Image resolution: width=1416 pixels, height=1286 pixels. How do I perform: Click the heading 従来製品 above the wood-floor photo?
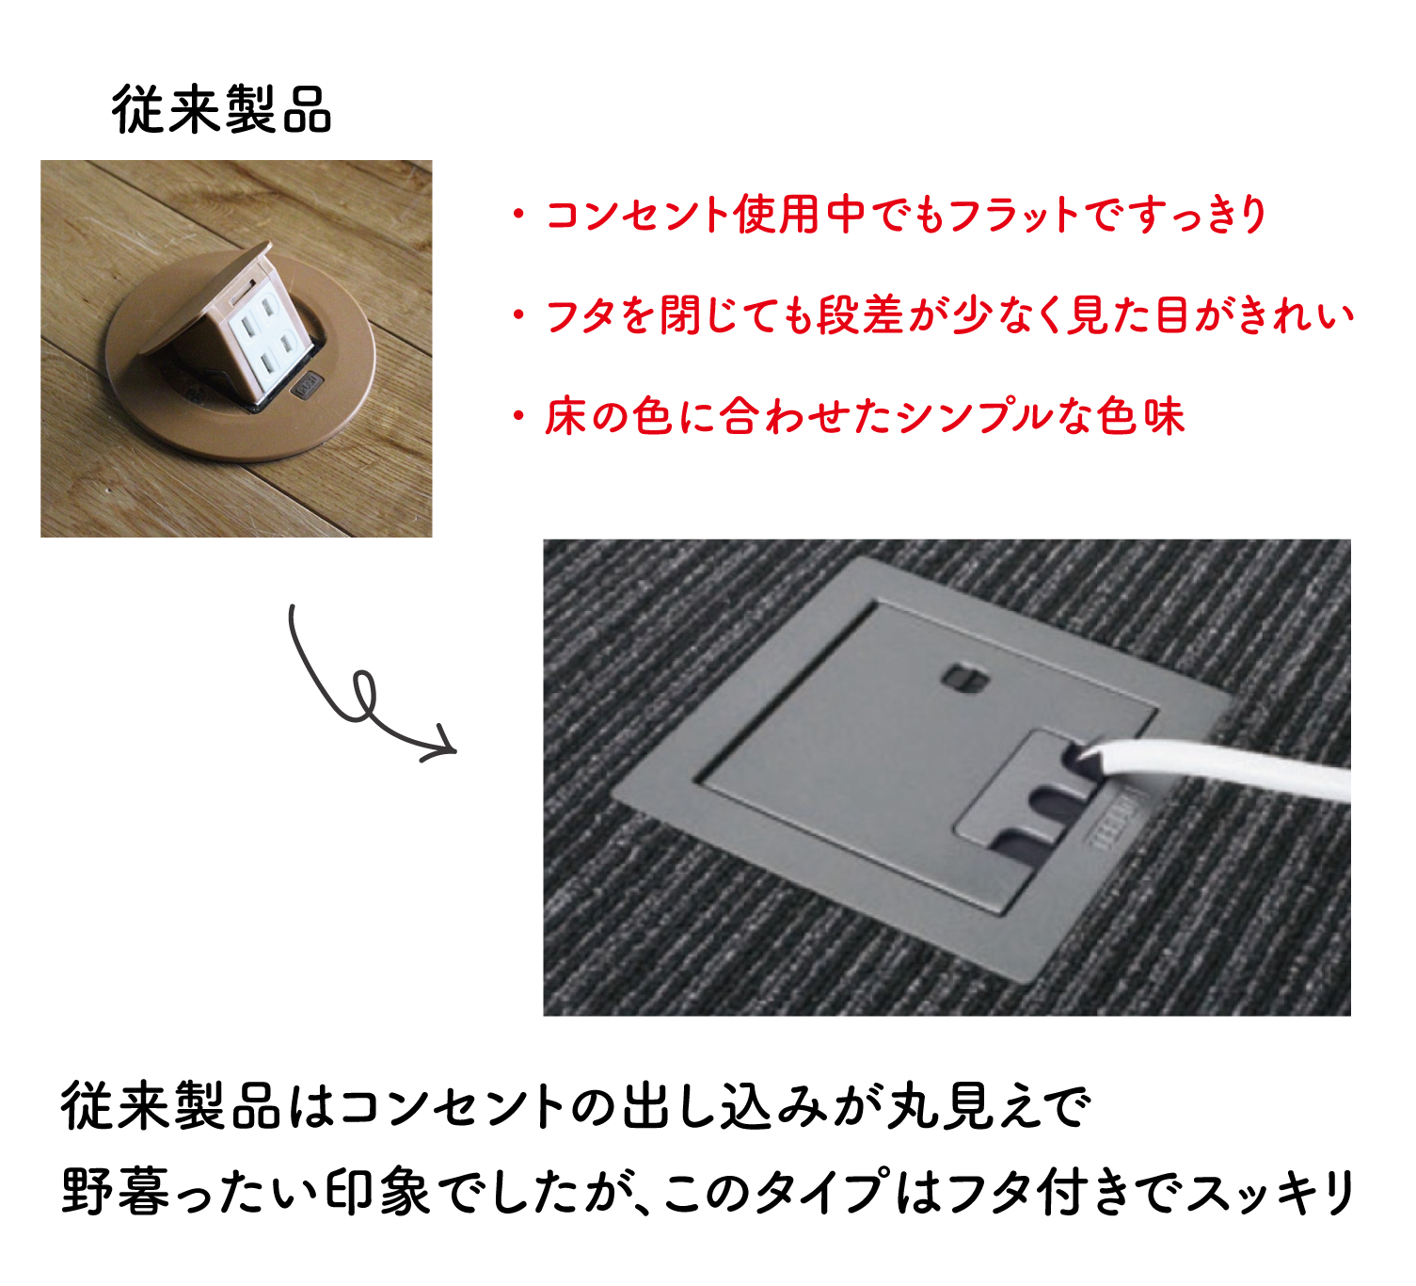[222, 109]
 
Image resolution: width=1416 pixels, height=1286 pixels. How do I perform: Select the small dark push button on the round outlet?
[307, 385]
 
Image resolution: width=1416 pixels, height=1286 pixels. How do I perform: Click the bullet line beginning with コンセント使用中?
[888, 214]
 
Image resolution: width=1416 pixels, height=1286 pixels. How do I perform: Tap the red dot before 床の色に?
[519, 417]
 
